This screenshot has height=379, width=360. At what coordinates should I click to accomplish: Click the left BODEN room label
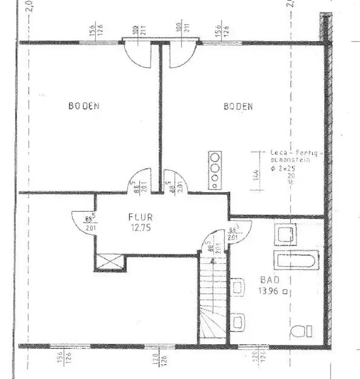click(84, 106)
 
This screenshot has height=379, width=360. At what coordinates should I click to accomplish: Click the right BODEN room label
click(238, 106)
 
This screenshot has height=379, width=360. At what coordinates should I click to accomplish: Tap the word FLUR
click(141, 216)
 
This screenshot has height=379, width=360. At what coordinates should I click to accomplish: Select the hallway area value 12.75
click(140, 227)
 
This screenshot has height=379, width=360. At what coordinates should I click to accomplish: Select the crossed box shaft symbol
click(110, 261)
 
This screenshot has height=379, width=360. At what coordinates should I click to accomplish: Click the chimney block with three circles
click(215, 169)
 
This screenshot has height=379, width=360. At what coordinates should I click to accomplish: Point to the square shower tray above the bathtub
click(285, 235)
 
